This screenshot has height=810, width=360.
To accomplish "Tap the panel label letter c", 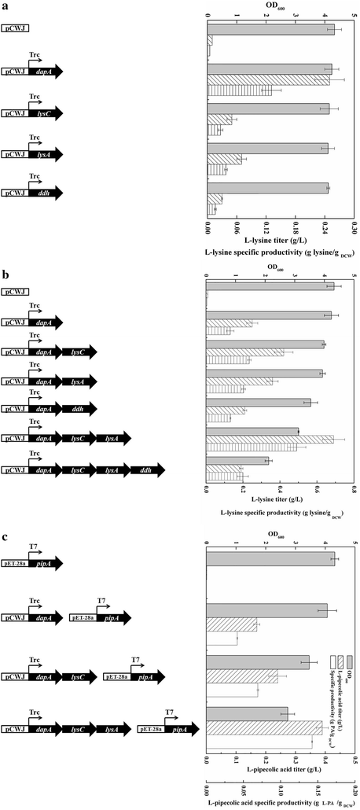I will (x=6, y=538).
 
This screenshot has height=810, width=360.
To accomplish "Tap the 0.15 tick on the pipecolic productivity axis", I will (x=319, y=786).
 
